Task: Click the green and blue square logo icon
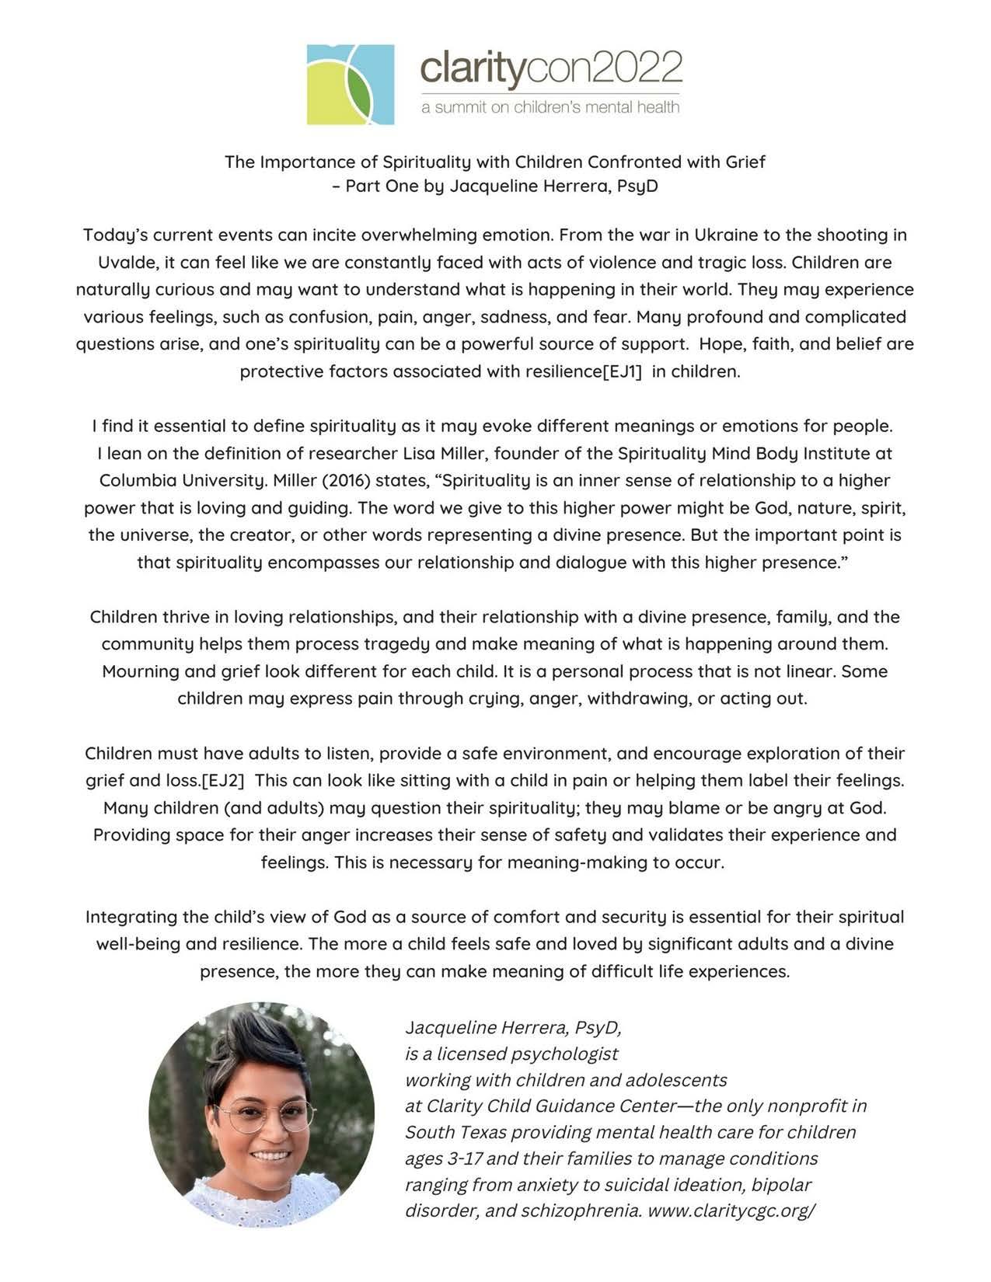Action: click(x=350, y=84)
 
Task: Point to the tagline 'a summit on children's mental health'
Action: click(x=550, y=106)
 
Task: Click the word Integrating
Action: click(x=127, y=917)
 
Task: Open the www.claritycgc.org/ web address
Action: click(x=731, y=1211)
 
